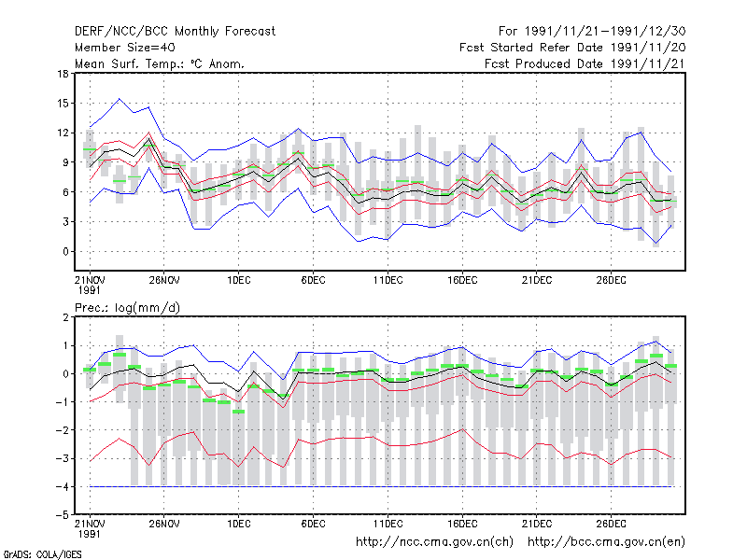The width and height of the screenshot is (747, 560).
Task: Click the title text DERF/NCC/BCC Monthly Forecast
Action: click(x=175, y=32)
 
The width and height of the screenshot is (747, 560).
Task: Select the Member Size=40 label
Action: click(x=125, y=48)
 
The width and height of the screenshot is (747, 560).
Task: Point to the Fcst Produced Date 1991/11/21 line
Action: click(x=585, y=63)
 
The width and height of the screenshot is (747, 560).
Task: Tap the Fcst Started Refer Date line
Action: click(x=572, y=48)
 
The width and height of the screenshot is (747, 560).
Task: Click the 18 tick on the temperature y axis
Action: click(x=63, y=74)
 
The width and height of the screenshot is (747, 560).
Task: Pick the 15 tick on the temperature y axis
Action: click(x=63, y=104)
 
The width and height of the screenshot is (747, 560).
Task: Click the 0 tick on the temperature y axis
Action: click(x=65, y=251)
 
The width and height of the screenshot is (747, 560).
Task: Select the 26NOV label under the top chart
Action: click(x=164, y=281)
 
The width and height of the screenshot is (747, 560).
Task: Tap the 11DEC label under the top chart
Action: click(x=388, y=281)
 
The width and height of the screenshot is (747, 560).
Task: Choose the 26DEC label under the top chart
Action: click(x=611, y=281)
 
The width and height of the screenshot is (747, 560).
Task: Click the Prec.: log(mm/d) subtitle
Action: click(x=127, y=308)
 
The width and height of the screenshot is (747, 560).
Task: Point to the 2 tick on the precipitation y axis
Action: click(x=65, y=317)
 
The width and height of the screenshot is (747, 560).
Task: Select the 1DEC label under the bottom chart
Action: click(x=239, y=524)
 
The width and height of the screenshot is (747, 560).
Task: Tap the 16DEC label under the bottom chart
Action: click(x=462, y=524)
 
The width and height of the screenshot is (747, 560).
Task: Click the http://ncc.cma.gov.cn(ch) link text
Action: click(x=434, y=542)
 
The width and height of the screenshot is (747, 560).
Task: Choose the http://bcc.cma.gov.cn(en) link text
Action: click(x=606, y=542)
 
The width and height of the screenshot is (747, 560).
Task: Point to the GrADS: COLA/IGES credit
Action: click(x=42, y=554)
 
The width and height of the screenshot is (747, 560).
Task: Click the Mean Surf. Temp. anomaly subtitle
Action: click(x=159, y=63)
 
